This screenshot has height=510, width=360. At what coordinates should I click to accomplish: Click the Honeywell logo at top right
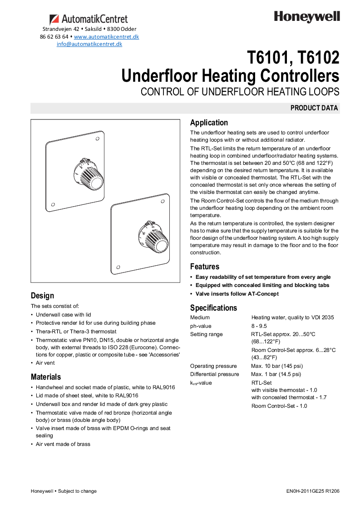pos(306,17)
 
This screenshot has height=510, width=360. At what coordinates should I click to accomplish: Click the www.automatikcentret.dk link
pos(106,36)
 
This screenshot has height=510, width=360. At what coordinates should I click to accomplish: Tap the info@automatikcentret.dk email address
pos(89,44)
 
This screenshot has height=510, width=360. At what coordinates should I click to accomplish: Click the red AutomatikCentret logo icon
pos(54,19)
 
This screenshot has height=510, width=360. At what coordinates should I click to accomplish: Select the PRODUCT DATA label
pos(314,108)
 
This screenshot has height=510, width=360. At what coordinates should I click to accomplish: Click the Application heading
pos(209,123)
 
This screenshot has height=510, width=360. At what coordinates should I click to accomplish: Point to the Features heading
pos(204,267)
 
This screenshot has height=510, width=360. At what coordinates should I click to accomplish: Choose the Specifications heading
pos(213,308)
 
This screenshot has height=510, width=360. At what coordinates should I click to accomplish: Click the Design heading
pos(42,296)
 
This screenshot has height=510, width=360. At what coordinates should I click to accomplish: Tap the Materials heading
pos(46,377)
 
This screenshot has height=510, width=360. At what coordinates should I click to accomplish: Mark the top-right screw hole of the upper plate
pos(98,140)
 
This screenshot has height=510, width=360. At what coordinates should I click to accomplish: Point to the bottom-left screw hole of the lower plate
pos(118,267)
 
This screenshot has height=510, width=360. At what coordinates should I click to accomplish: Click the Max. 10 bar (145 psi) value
pos(277,366)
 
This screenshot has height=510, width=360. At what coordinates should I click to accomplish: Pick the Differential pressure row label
pos(214,374)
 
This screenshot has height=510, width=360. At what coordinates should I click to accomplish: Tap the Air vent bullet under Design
pos(45,363)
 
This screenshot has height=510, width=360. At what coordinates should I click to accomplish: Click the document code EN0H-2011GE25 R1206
pos(313,491)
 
